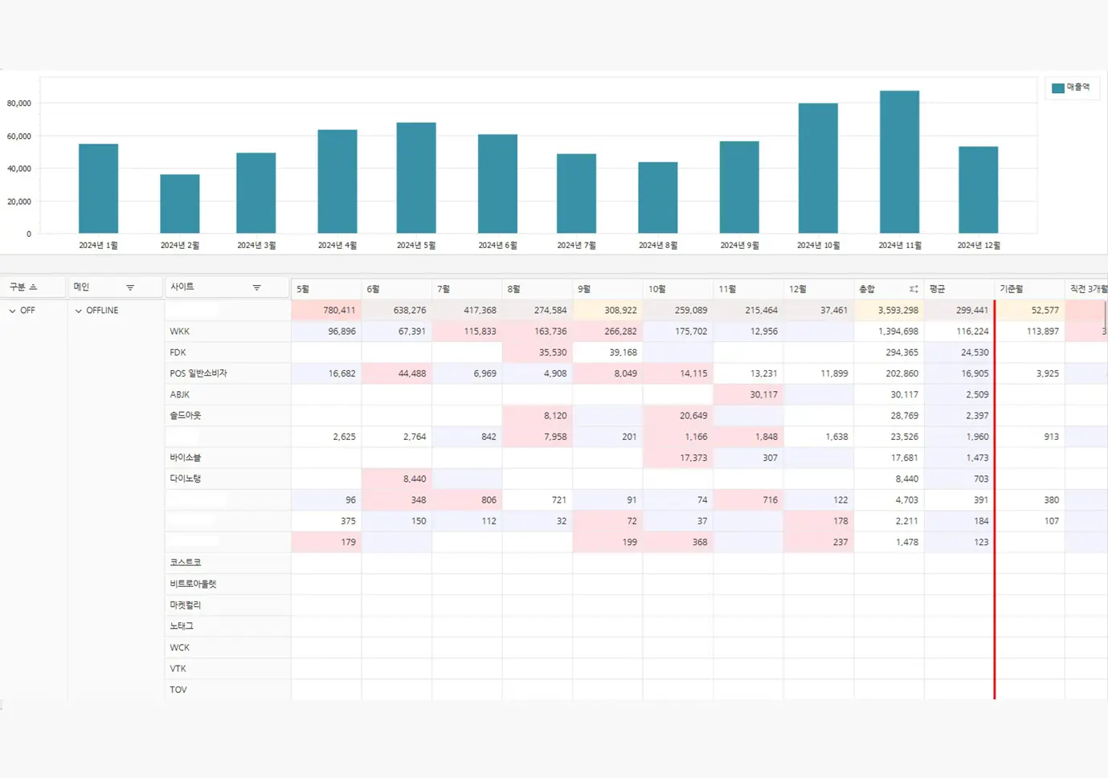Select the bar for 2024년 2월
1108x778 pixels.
(x=179, y=204)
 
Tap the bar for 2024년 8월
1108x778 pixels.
(x=657, y=198)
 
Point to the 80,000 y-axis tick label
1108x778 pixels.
(x=19, y=104)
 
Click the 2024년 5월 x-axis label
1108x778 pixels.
(x=415, y=246)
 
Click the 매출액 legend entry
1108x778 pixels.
(x=1072, y=88)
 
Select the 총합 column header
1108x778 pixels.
(x=868, y=289)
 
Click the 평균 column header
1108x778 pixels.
(x=938, y=289)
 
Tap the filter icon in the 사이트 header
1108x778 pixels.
(x=257, y=287)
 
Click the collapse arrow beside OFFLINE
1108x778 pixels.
(x=78, y=311)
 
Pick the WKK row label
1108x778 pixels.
(x=180, y=332)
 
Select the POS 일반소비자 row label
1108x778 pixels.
(x=198, y=373)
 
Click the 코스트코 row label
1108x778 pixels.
(x=186, y=563)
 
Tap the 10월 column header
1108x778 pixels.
(x=657, y=289)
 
